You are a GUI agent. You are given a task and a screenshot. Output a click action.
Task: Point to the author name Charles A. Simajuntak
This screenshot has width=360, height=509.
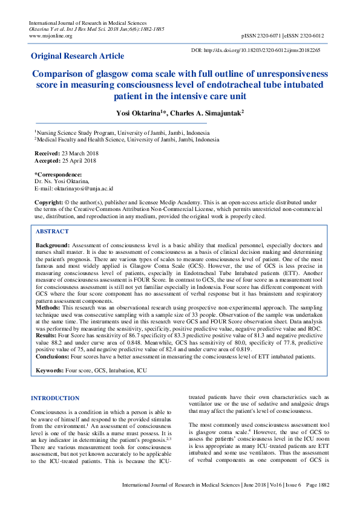click(x=241, y=112)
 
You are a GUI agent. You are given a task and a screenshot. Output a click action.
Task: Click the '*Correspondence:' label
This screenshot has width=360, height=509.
click(x=59, y=174)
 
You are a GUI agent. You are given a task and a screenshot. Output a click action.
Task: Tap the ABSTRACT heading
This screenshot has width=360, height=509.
click(x=53, y=232)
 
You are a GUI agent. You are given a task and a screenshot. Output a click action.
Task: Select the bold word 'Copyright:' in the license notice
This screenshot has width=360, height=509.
click(x=48, y=201)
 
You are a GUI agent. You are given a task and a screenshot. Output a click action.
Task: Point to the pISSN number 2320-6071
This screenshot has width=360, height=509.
click(x=271, y=36)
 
